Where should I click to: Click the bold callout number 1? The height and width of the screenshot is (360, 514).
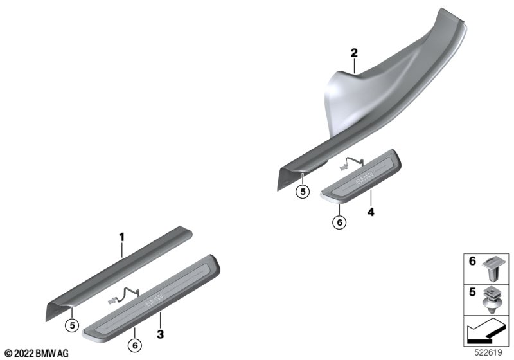click(x=121, y=237)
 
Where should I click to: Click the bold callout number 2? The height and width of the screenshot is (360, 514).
click(x=354, y=53)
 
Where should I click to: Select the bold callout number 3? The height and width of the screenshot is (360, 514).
click(x=160, y=334)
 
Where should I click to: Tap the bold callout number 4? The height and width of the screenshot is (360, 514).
click(x=371, y=212)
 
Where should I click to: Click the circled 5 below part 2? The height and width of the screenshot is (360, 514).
click(x=303, y=192)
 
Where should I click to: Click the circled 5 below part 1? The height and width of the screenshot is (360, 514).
click(x=72, y=325)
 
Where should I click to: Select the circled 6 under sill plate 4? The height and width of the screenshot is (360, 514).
click(x=339, y=222)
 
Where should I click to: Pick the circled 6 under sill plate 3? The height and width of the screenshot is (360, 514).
click(x=135, y=345)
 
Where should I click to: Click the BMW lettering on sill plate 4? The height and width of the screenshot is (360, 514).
click(x=364, y=177)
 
